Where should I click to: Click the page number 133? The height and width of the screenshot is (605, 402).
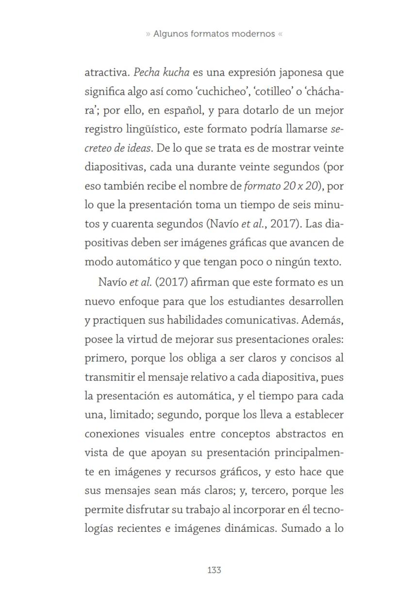click(214, 570)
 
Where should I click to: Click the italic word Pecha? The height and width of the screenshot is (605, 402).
click(147, 73)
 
